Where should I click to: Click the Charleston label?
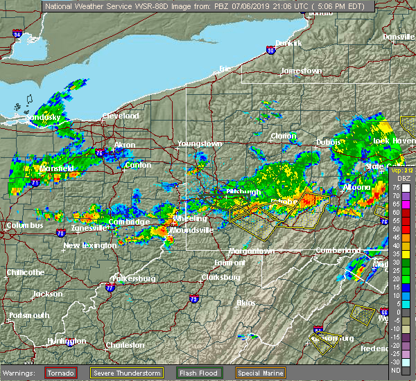(x=125, y=345)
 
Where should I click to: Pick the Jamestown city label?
(x=301, y=71)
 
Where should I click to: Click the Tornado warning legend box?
(x=61, y=373)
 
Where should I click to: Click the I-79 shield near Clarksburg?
(x=193, y=299)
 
